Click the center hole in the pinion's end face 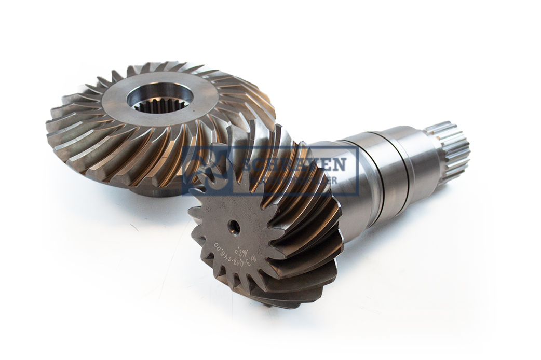pyautogui.click(x=234, y=227)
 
